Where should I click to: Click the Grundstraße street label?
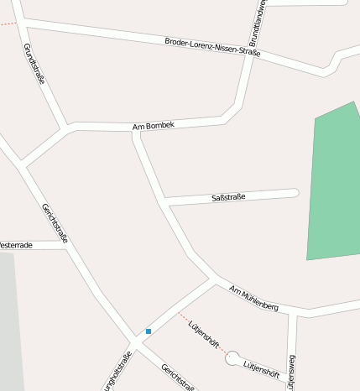tap(34, 65)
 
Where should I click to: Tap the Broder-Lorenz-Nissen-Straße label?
tap(212, 47)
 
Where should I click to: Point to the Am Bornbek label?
tap(154, 126)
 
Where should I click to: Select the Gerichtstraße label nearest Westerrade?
tap(55, 223)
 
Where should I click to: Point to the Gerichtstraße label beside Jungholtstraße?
tap(178, 377)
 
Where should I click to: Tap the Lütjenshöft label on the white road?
tap(260, 367)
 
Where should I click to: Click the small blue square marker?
tap(149, 331)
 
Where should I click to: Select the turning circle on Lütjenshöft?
tap(232, 358)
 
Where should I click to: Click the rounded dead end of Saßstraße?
tap(294, 193)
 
